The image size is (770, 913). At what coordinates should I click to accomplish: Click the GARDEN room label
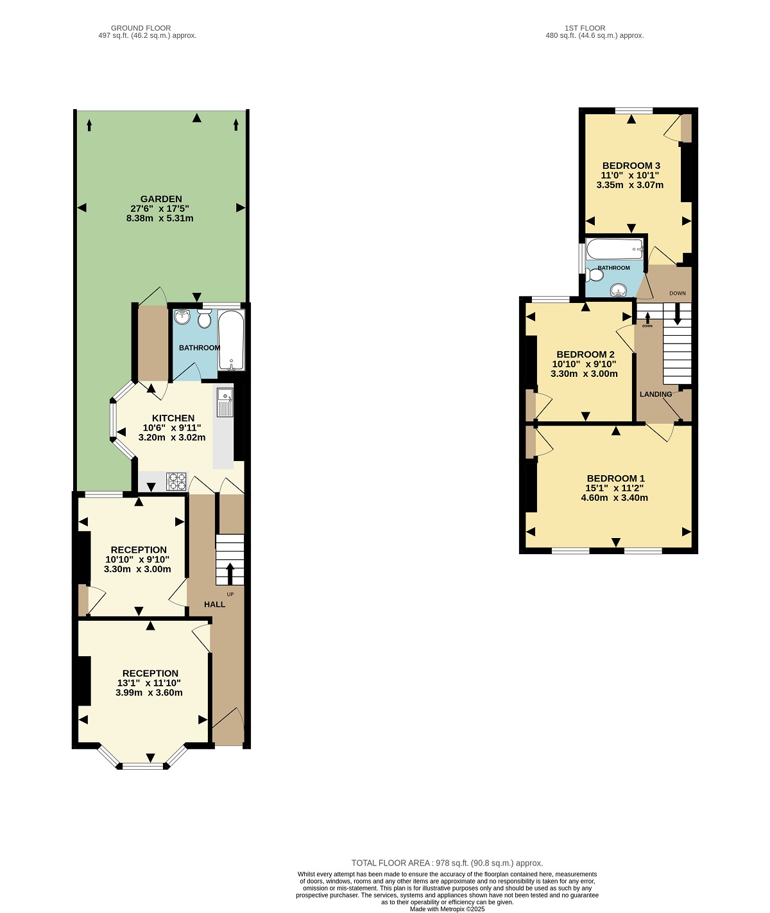(161, 199)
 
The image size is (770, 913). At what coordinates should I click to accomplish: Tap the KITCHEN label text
(173, 418)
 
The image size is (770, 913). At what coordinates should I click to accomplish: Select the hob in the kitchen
(176, 482)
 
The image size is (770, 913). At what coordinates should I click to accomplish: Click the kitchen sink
(225, 402)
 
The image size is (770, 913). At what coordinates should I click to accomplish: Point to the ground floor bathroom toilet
(205, 318)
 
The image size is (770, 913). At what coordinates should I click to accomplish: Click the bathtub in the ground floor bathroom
(231, 340)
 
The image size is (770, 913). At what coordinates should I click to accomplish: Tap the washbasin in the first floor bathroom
(618, 290)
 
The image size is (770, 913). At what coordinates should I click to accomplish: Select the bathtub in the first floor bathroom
(615, 249)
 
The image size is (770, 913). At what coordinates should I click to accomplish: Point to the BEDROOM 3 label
(631, 166)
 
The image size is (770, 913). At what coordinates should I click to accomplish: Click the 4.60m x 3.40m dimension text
(614, 498)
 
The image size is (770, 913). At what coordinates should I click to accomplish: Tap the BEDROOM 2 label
(585, 354)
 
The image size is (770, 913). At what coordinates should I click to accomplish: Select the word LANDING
(656, 394)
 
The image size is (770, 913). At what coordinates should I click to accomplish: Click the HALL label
(214, 605)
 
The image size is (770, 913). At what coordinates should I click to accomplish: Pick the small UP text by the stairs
(230, 595)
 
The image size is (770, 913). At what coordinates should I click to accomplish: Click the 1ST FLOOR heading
(585, 28)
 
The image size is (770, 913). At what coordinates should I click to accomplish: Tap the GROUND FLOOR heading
(141, 28)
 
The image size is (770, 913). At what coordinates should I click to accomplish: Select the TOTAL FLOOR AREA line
(447, 863)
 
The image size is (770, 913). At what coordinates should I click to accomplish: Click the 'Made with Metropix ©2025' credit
(447, 909)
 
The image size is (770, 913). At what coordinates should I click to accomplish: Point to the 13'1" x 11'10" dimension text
(149, 683)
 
